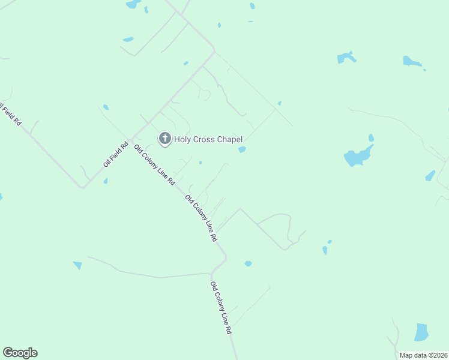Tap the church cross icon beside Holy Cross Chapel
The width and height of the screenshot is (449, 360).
164,139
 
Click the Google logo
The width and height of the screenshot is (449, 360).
20,353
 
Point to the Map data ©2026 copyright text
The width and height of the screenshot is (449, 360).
423,355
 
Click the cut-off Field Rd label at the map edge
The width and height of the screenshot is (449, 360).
10,114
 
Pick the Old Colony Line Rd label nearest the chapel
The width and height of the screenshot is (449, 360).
155,164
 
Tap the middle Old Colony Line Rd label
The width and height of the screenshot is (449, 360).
201,218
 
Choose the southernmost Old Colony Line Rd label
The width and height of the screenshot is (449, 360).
221,308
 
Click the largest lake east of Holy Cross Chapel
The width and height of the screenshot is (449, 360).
358,156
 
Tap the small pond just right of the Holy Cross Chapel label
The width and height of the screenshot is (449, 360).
242,149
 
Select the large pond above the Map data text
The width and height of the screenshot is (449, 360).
421,332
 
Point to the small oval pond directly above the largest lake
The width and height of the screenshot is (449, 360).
371,137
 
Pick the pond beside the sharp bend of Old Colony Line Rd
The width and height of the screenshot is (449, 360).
248,263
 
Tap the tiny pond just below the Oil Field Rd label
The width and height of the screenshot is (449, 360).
105,181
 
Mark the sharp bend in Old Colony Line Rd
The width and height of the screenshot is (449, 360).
226,259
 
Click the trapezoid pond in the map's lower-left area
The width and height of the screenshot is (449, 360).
77,265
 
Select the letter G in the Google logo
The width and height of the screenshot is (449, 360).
8,353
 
